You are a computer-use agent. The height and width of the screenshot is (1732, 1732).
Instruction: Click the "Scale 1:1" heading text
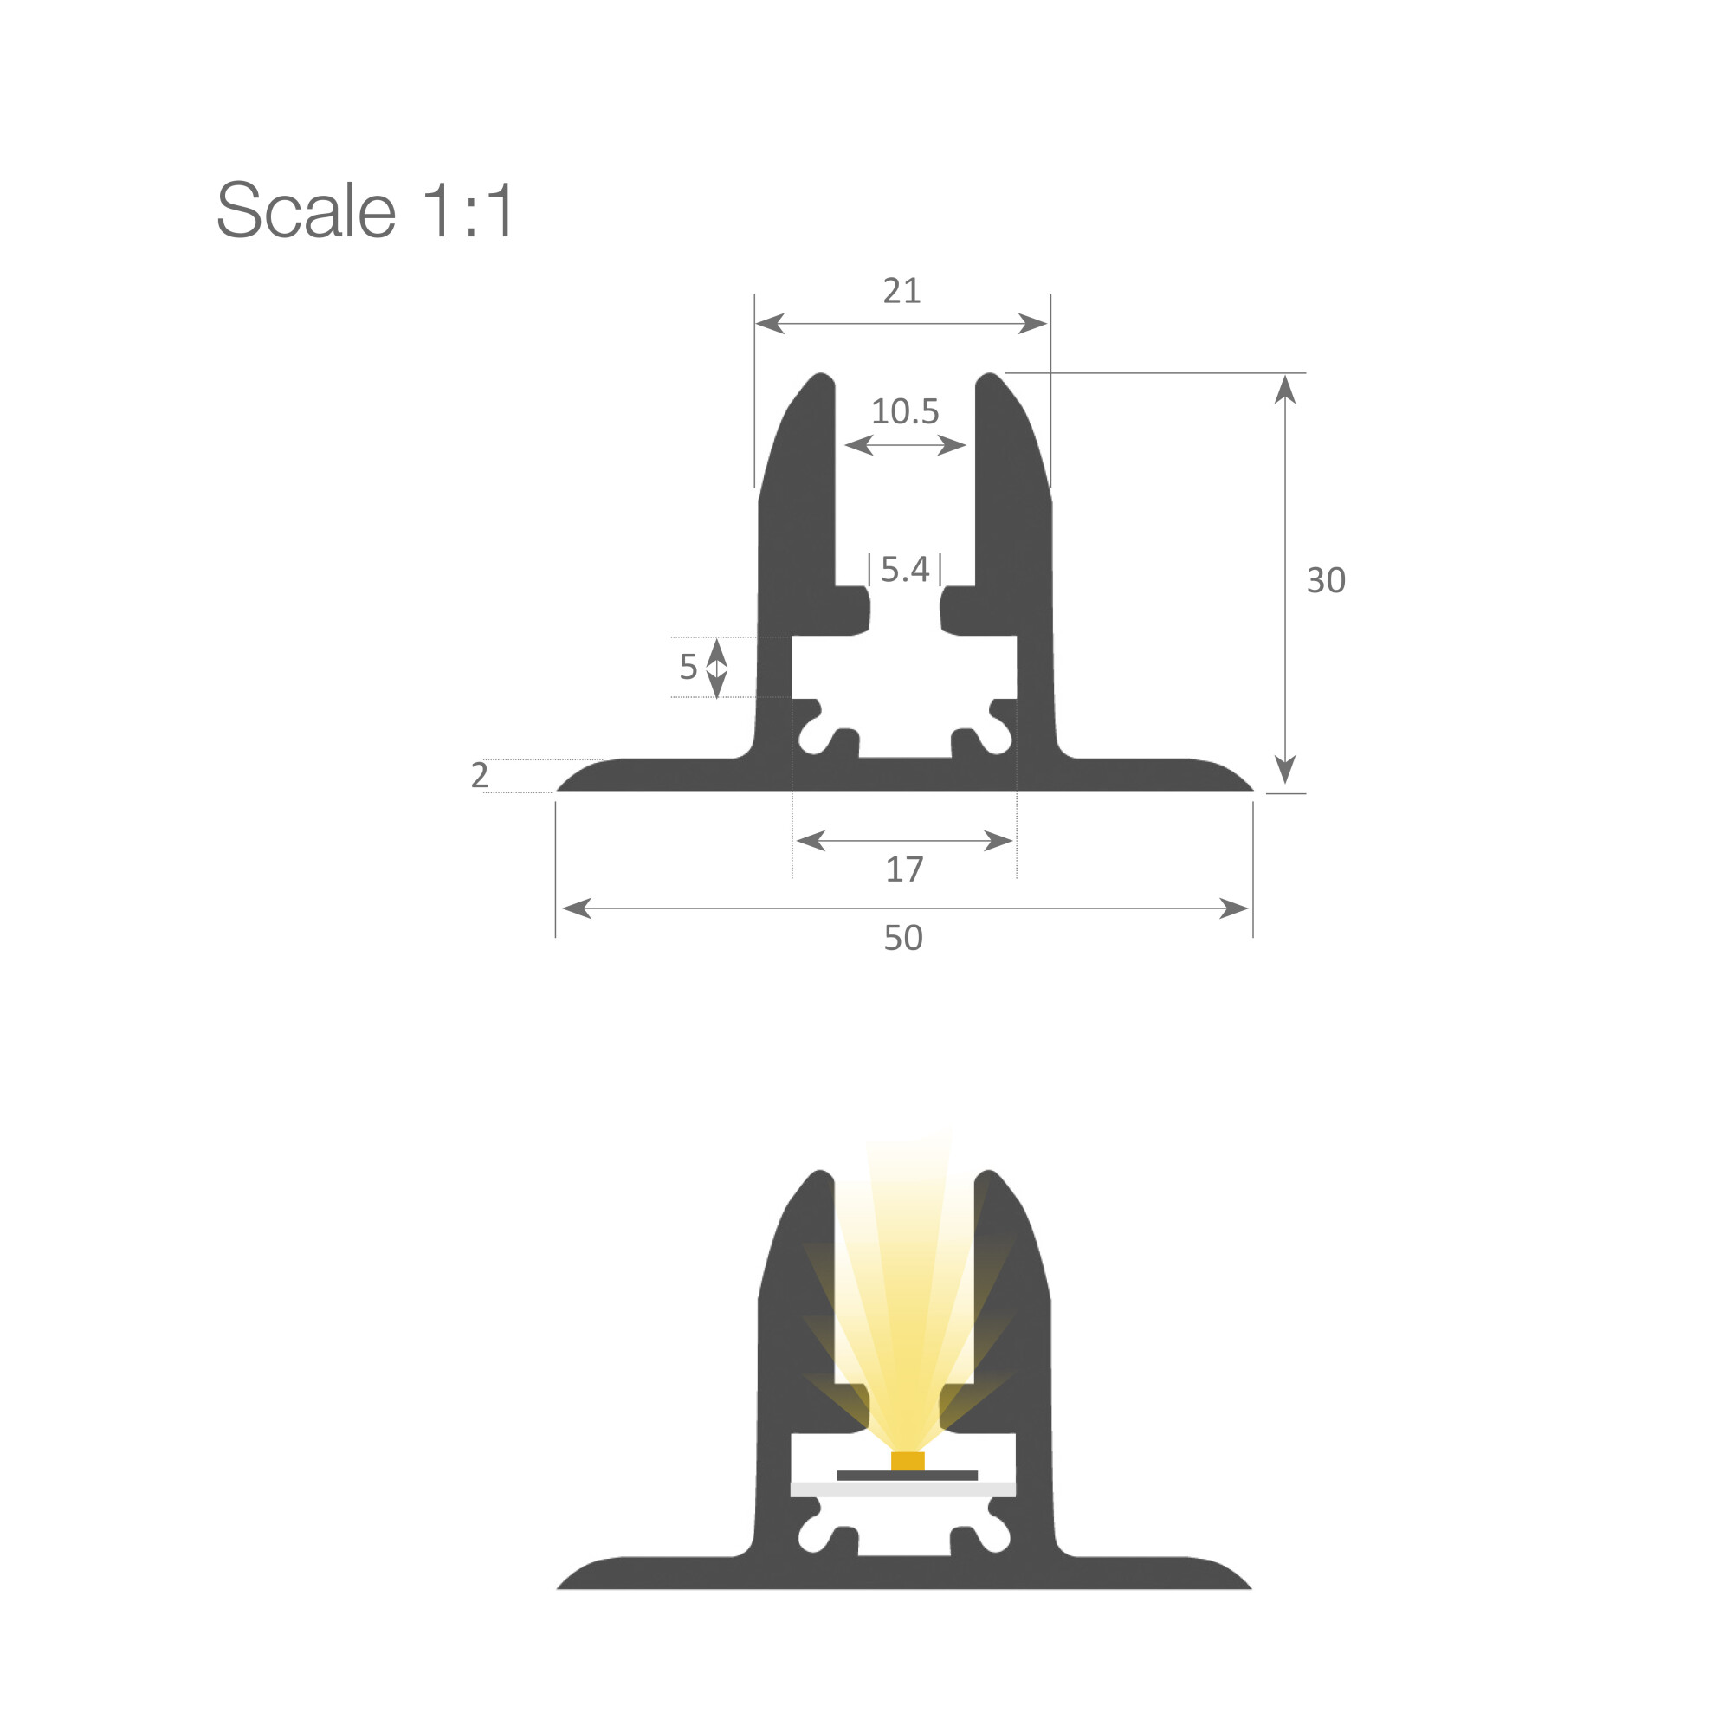(365, 210)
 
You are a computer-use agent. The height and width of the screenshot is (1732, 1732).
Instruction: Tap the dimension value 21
(902, 290)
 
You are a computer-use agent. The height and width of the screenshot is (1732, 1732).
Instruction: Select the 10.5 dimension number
(906, 411)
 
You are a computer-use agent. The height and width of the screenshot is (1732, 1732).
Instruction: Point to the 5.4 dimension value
(906, 569)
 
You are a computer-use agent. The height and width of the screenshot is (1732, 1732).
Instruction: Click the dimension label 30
(1326, 580)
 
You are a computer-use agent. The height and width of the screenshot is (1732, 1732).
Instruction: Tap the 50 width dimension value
(902, 938)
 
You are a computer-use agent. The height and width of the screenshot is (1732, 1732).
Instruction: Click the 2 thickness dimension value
(480, 774)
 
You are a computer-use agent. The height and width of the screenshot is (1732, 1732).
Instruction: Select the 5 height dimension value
(688, 666)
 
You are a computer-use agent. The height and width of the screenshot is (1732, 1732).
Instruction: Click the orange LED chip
(908, 1460)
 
